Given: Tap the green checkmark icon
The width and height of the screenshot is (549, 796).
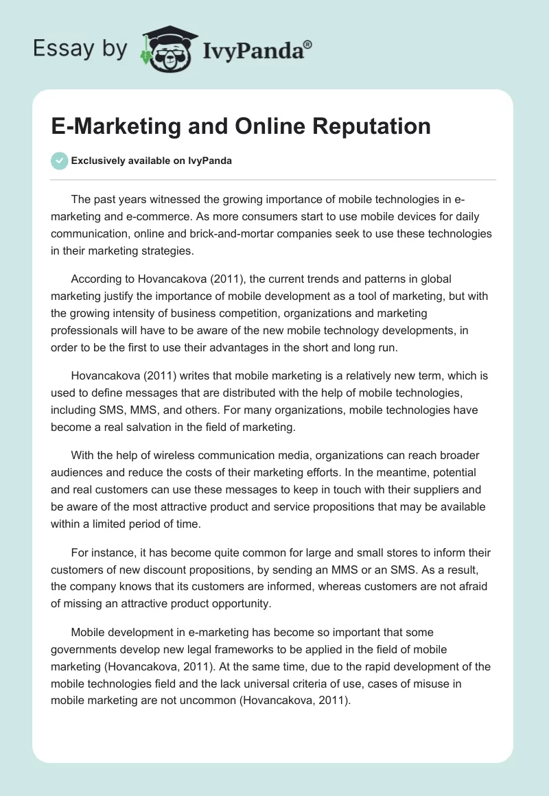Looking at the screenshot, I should click(x=59, y=161).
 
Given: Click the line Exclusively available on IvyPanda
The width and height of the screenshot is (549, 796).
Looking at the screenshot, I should click(x=152, y=161).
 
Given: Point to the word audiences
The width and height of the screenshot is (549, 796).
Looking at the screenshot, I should click(x=78, y=473).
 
